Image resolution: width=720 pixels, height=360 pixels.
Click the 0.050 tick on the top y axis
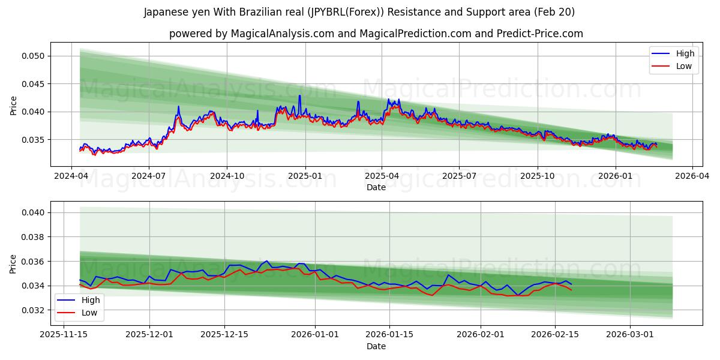33,56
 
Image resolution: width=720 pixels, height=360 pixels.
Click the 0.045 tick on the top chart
33,84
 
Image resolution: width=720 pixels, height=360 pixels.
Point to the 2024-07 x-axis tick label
148,177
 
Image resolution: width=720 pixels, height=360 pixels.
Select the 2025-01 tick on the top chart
305,177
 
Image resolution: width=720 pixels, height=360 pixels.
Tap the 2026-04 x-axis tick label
692,177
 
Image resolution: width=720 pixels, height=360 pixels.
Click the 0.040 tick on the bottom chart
33,212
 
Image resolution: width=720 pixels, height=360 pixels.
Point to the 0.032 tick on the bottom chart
33,310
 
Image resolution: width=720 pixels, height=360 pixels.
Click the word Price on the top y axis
14,105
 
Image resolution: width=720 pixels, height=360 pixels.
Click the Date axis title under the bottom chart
376,346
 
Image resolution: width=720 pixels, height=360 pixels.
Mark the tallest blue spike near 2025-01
299,95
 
